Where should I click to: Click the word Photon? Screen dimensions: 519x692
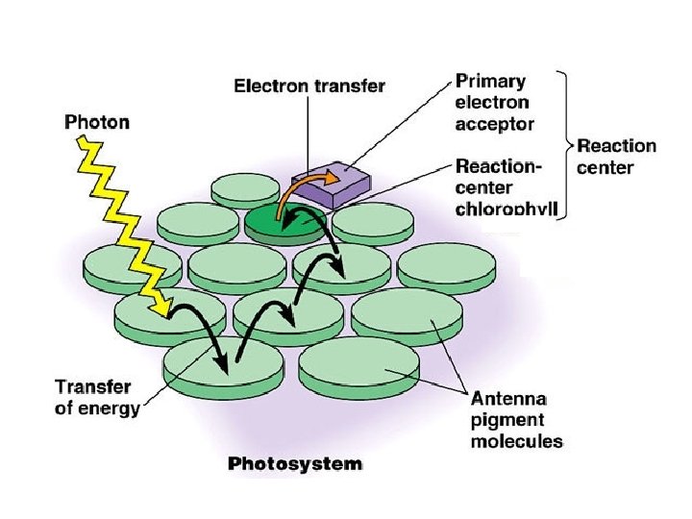point(97,123)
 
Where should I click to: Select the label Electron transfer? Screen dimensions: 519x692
point(310,86)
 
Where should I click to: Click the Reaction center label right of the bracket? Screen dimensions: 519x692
point(616,157)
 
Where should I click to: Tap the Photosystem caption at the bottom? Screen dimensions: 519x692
point(295,464)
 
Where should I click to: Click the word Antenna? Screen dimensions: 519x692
point(508,399)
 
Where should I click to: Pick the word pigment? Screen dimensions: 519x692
point(507,420)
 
